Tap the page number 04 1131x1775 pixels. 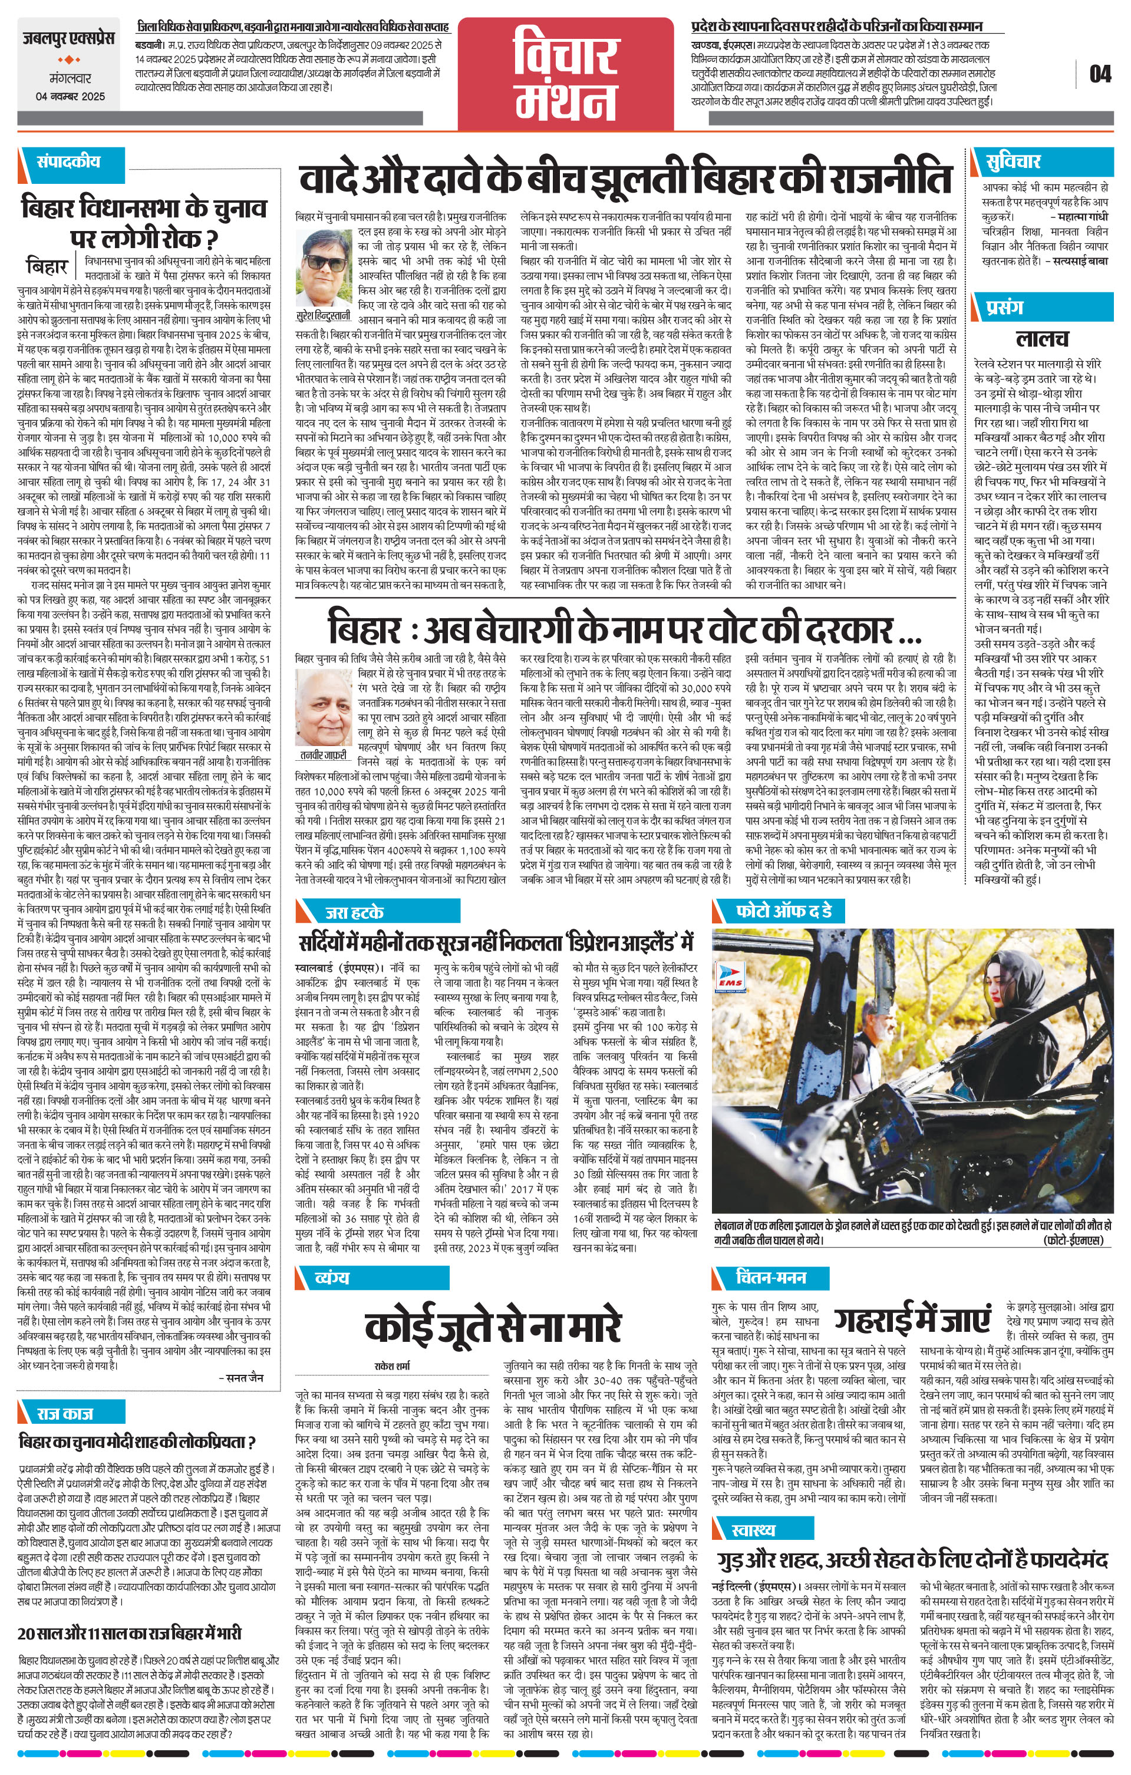point(1099,74)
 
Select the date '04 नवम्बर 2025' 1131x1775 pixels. point(71,97)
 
